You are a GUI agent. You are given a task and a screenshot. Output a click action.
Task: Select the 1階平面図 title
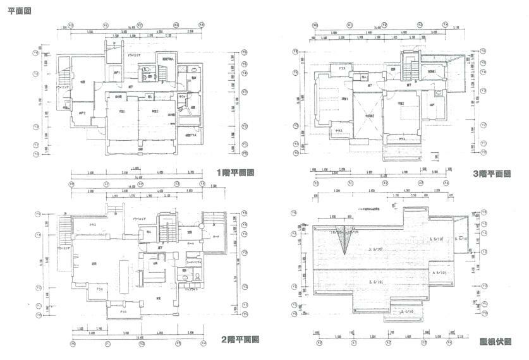click(235, 172)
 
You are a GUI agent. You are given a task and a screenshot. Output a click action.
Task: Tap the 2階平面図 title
click(240, 339)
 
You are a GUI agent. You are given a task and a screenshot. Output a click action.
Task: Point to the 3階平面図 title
click(491, 173)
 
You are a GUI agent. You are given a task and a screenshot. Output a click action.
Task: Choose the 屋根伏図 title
click(495, 341)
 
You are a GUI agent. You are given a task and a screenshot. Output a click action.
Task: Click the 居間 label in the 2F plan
click(94, 263)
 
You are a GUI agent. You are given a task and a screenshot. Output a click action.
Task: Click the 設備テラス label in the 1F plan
click(190, 135)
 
